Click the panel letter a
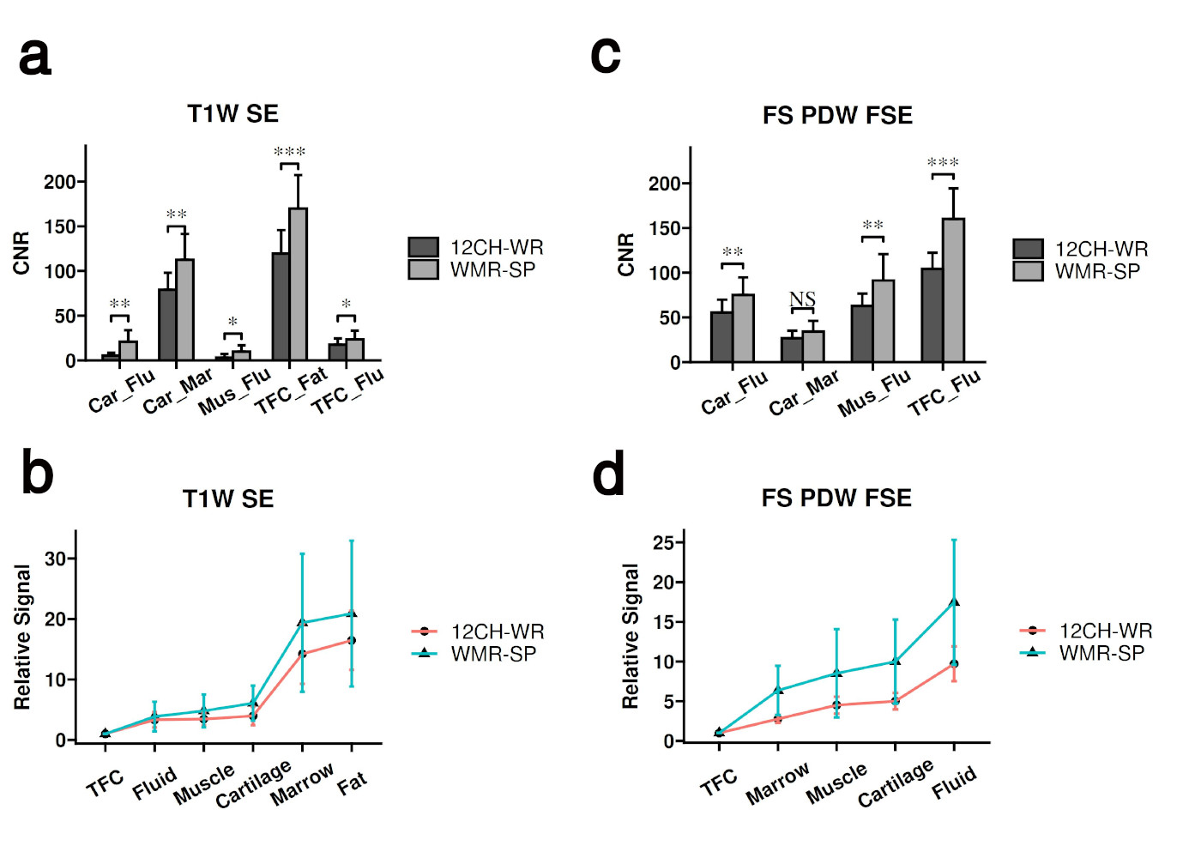(x=35, y=57)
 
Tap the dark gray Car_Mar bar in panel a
(x=167, y=324)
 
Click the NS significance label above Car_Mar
(x=802, y=299)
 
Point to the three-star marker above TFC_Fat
(x=290, y=153)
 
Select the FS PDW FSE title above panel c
(x=837, y=115)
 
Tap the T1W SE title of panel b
(x=228, y=498)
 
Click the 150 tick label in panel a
(x=60, y=227)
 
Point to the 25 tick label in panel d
(x=664, y=542)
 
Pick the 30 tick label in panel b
(x=56, y=559)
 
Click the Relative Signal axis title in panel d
(x=631, y=636)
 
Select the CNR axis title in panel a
(x=21, y=253)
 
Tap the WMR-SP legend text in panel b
(x=493, y=654)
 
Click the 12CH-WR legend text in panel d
(x=1106, y=631)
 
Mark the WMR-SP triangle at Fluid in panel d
(x=954, y=602)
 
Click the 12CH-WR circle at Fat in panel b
(x=351, y=640)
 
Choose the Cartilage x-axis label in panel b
(x=254, y=783)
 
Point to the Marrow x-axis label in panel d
(x=777, y=782)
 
